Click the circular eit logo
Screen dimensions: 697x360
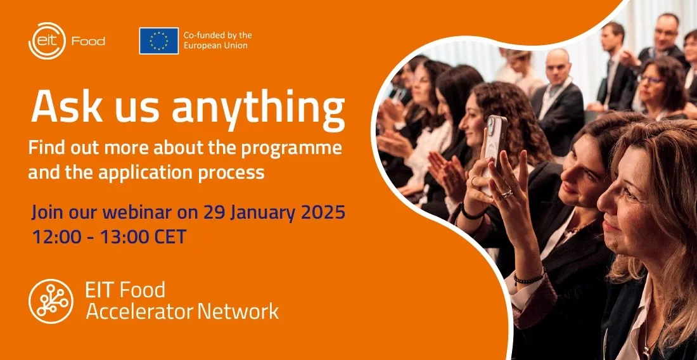pyautogui.click(x=47, y=41)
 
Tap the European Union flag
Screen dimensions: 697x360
pyautogui.click(x=158, y=41)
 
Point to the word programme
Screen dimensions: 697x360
pyautogui.click(x=291, y=148)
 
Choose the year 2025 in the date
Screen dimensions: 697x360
pyautogui.click(x=323, y=213)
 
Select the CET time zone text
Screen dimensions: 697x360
pyautogui.click(x=169, y=237)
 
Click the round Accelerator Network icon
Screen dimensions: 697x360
pyautogui.click(x=51, y=301)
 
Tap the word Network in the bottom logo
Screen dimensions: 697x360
pyautogui.click(x=238, y=311)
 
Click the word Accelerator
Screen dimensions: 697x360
pyautogui.click(x=139, y=311)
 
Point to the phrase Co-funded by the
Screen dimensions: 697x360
pyautogui.click(x=217, y=35)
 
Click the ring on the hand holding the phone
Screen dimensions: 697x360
pyautogui.click(x=507, y=193)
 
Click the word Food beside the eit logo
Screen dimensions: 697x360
pyautogui.click(x=89, y=41)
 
